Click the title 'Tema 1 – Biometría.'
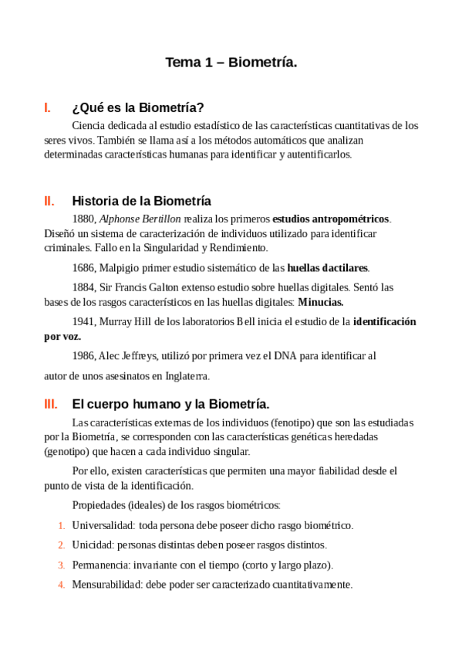[231, 63]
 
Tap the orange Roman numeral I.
[48, 107]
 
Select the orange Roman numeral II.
[49, 201]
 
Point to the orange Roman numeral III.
[51, 403]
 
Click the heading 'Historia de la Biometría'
[141, 201]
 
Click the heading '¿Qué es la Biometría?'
[137, 107]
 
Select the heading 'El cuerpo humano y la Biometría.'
[170, 403]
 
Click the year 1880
[83, 219]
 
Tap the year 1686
[83, 268]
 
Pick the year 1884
[83, 287]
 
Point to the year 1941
[83, 321]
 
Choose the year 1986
[83, 356]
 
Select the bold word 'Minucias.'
[321, 302]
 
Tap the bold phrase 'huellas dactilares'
[328, 268]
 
